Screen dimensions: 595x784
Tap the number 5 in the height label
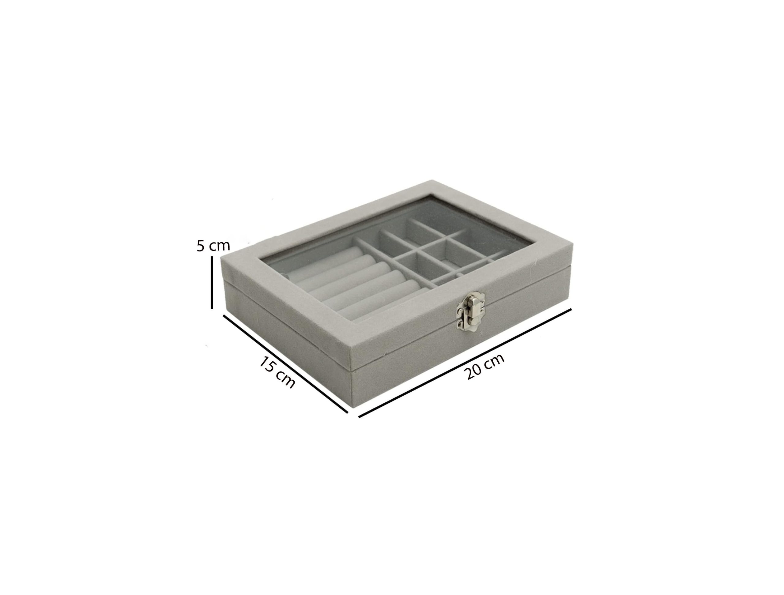(201, 246)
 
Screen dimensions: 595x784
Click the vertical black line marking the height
(212, 282)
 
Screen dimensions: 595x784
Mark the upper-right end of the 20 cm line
(571, 309)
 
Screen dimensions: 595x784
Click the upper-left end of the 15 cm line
(223, 315)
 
